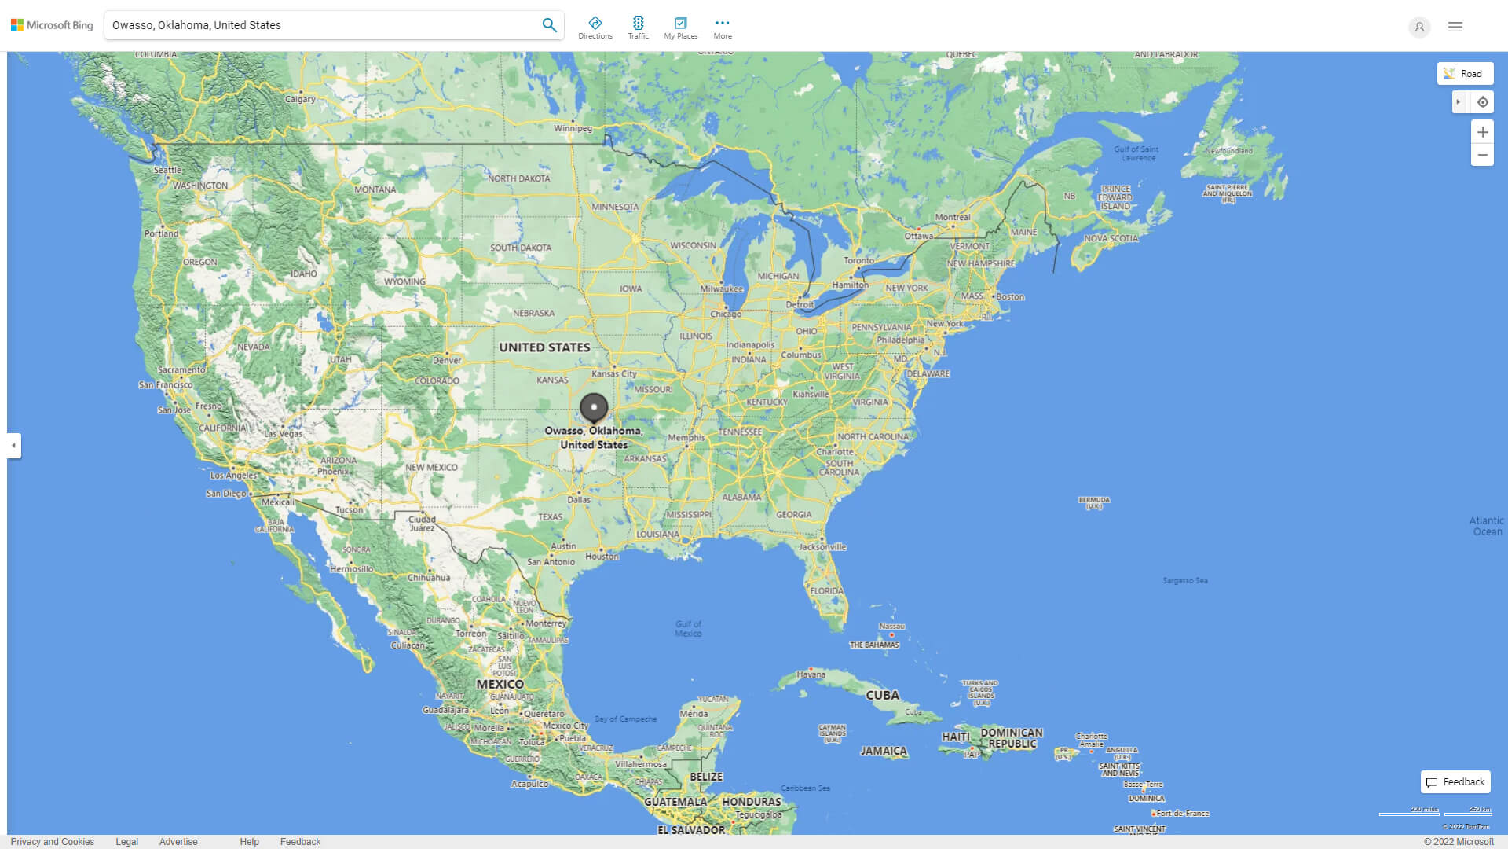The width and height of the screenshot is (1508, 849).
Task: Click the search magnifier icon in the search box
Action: [x=549, y=25]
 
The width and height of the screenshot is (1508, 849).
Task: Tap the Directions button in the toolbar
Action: [x=595, y=27]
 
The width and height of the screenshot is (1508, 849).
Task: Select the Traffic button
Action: [x=639, y=27]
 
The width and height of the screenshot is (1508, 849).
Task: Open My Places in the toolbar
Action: [x=680, y=27]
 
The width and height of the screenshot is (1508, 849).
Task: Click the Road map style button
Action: [x=1465, y=74]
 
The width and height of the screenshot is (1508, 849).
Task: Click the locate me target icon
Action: [x=1482, y=102]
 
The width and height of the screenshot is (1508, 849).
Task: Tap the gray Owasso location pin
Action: [x=594, y=409]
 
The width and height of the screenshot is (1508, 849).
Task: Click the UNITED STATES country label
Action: [x=544, y=347]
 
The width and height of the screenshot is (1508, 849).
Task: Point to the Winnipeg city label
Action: [x=573, y=128]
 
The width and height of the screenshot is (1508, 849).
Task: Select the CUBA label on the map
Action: [x=882, y=696]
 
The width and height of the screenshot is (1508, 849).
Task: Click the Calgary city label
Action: [x=300, y=99]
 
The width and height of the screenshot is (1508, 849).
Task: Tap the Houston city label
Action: [x=602, y=557]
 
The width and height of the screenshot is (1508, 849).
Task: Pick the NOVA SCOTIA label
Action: [x=1111, y=238]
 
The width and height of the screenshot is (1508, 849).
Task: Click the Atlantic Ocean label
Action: [x=1486, y=526]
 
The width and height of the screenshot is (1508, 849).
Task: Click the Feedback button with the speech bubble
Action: [x=1455, y=782]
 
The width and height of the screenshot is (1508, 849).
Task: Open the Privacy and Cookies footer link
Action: [x=53, y=842]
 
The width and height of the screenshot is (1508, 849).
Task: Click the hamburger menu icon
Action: [x=1455, y=27]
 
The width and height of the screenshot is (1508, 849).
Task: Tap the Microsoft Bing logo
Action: [x=52, y=25]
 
